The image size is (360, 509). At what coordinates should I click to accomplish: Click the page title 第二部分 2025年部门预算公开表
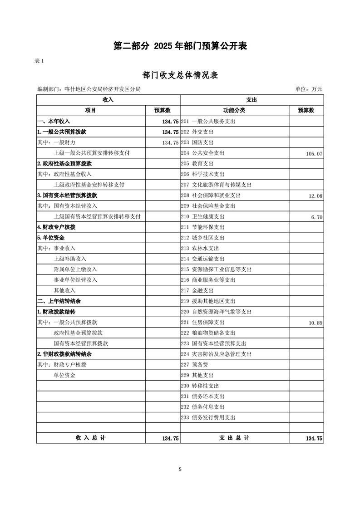coord(180,46)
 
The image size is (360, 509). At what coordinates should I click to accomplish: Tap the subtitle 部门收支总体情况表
coord(180,75)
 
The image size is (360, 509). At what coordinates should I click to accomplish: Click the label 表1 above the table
coord(39,61)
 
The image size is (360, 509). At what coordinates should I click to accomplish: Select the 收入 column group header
coord(108,99)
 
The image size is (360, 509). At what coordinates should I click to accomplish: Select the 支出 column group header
coord(252,99)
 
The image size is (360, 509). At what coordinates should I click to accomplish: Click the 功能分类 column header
coord(234,110)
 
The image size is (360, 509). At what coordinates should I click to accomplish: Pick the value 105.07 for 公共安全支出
coord(314,154)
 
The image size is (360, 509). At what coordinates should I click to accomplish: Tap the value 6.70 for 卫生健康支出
coord(316,217)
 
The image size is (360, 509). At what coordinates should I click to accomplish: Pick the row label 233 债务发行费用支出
coord(208,417)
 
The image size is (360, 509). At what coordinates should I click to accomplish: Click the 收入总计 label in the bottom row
coord(90,438)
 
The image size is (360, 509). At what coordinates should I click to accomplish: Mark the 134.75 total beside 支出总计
coord(314,439)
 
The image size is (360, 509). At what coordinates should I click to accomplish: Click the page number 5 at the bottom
coord(180,470)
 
